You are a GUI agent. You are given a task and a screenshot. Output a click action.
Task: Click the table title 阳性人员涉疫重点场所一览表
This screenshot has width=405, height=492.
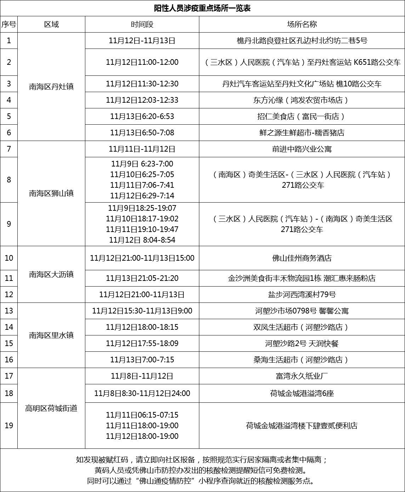point(202,9)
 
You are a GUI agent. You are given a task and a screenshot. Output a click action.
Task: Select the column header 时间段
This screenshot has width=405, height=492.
point(142,24)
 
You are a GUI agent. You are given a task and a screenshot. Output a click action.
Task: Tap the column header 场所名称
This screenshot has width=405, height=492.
point(302,24)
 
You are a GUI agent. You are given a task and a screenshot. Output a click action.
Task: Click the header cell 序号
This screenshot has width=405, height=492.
point(8,24)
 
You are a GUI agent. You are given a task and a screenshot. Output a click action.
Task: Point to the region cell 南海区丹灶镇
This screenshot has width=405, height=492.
point(51,86)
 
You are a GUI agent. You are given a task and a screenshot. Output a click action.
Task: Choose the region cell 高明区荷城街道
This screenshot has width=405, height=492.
point(51,408)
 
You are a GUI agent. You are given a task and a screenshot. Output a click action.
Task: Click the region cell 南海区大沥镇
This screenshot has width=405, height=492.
point(51,274)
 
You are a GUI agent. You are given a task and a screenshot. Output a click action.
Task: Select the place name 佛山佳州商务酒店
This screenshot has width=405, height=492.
point(302,258)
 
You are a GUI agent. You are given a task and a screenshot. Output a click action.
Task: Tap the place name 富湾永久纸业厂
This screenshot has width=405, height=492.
point(302,376)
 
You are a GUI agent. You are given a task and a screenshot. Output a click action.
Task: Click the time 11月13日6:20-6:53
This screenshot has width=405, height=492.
point(142,116)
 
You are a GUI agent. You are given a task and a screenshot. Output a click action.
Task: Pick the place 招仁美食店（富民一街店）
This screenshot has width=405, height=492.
point(302,116)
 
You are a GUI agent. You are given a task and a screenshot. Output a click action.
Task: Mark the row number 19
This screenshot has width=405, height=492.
point(8,425)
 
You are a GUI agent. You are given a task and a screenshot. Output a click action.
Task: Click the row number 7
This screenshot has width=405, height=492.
point(8,149)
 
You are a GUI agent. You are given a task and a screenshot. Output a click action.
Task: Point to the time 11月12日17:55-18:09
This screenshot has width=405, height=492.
point(142,343)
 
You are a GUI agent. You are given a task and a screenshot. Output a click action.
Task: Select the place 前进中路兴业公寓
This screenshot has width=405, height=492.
point(302,149)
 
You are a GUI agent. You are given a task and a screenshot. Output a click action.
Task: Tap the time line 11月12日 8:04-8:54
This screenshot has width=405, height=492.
point(142,240)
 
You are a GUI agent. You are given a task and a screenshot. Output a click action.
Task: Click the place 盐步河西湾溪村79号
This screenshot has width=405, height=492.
point(302,294)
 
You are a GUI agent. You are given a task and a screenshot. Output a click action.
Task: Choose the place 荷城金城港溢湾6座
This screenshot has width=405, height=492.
point(302,393)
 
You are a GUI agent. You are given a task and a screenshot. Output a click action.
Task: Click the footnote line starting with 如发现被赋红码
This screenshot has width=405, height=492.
point(202,460)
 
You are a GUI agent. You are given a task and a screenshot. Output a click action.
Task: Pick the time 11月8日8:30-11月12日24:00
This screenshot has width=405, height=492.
point(142,393)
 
